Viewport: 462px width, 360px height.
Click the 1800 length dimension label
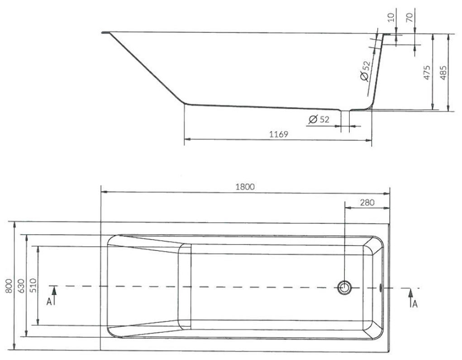point(245,187)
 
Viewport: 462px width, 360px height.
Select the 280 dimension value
point(367,202)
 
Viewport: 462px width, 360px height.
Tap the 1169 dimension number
point(278,134)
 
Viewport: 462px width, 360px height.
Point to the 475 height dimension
point(427,72)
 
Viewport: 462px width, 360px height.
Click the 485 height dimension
point(443,72)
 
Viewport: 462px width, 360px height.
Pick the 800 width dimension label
point(9,286)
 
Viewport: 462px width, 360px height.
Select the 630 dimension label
point(21,286)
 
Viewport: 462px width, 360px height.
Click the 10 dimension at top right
point(391,17)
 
